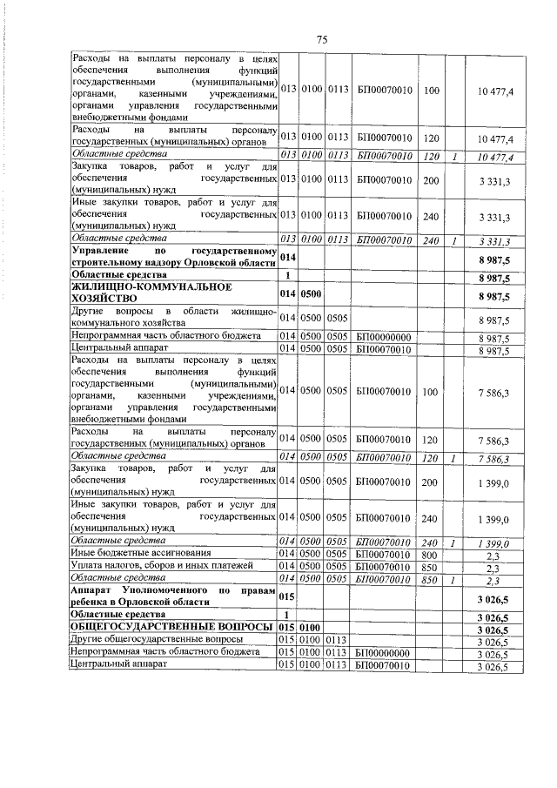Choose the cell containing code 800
click(429, 554)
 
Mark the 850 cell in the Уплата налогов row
click(429, 566)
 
